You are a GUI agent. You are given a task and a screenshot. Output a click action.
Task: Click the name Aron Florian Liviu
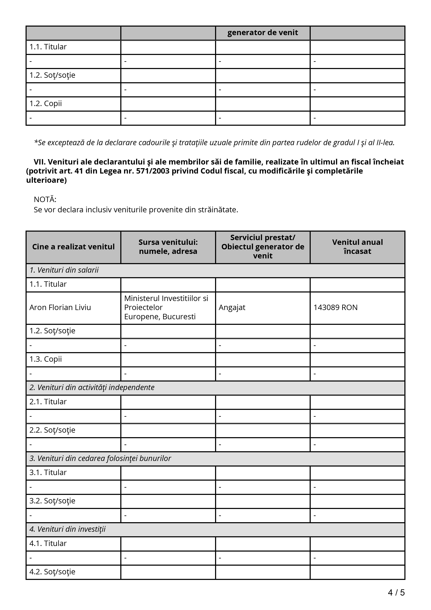(60, 307)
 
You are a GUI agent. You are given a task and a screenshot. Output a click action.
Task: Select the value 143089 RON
(335, 307)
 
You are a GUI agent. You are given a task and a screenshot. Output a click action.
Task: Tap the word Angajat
(232, 307)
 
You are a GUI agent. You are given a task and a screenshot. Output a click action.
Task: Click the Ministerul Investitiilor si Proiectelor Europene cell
(166, 307)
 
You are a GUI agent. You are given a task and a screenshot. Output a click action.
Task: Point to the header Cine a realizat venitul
(73, 247)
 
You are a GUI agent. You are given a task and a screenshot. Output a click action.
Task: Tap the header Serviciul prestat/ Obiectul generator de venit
(263, 247)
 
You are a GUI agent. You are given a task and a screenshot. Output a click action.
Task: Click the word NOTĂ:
(45, 199)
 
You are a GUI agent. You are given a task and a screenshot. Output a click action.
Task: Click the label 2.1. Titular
(48, 402)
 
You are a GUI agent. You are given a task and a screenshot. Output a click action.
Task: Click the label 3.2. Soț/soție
(52, 501)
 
